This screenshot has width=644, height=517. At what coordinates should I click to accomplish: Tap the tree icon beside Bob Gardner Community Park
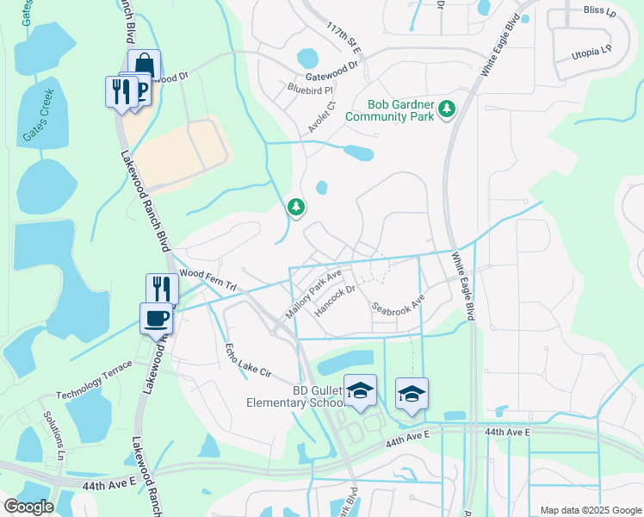pyautogui.click(x=447, y=109)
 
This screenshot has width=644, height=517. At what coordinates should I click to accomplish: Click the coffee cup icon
pyautogui.click(x=156, y=318)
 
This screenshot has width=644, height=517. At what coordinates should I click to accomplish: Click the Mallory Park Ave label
pyautogui.click(x=313, y=293)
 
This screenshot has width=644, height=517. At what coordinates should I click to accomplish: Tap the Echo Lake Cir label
pyautogui.click(x=248, y=362)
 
